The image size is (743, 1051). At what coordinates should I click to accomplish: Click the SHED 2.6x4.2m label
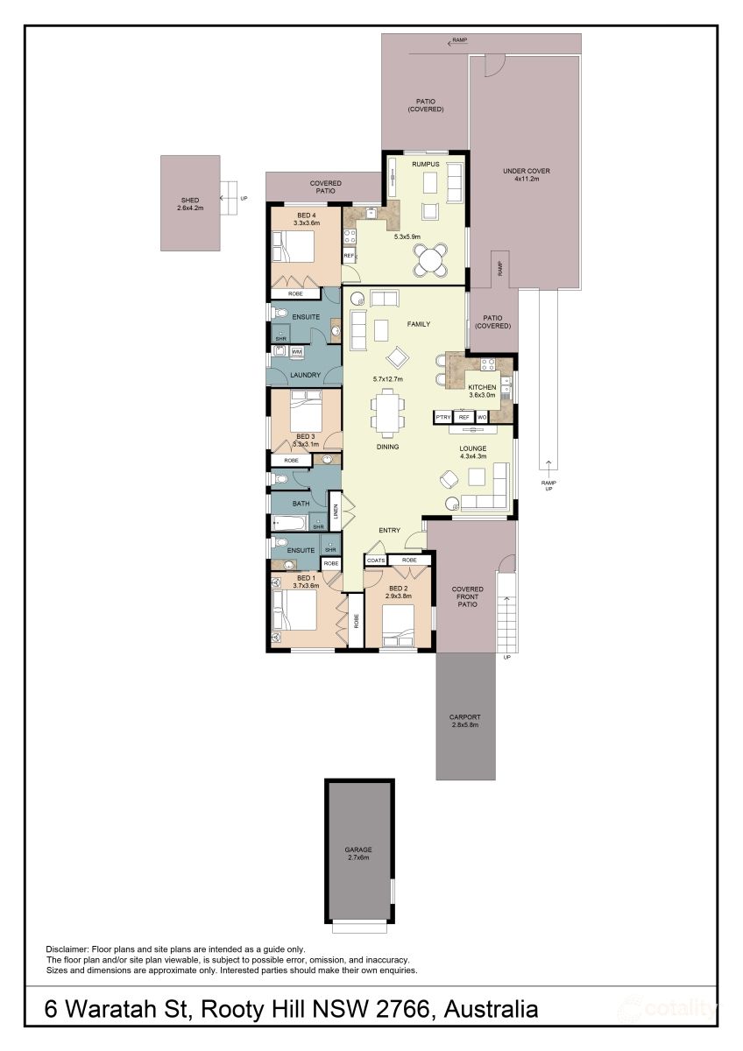click(190, 203)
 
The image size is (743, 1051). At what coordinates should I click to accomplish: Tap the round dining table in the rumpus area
click(430, 261)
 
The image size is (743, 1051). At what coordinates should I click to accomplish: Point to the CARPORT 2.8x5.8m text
click(464, 721)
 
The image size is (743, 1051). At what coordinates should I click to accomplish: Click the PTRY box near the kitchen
click(443, 417)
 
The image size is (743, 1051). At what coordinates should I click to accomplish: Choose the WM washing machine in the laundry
click(296, 351)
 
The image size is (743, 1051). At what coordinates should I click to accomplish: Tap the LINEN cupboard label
click(336, 511)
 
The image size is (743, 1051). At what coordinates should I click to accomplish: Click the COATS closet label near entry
click(376, 561)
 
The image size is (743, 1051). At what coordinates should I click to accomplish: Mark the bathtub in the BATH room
click(290, 522)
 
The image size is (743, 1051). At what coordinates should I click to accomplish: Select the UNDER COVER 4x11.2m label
click(527, 174)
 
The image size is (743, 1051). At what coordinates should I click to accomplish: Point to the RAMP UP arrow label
click(548, 485)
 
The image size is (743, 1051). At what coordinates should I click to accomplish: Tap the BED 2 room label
click(398, 592)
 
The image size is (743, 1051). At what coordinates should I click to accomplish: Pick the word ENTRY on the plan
click(390, 530)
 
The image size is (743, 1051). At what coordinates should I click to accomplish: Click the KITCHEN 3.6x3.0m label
click(482, 391)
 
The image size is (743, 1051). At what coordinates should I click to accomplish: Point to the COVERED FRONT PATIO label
click(467, 596)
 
